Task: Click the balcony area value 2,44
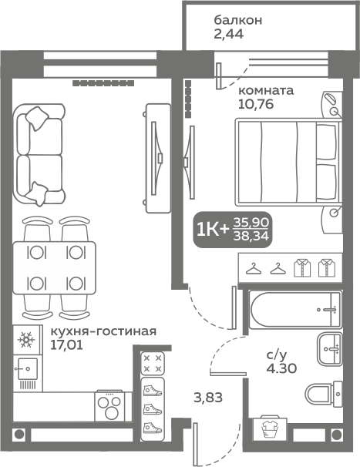[x=229, y=34]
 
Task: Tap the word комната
[x=266, y=90]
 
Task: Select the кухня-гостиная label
[x=103, y=331]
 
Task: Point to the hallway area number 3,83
[x=208, y=398]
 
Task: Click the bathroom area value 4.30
[x=281, y=368]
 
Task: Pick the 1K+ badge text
[x=213, y=230]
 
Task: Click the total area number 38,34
[x=251, y=237]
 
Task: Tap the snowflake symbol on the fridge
[x=26, y=340]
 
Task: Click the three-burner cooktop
[x=109, y=405]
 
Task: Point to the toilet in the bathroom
[x=324, y=395]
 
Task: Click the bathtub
[x=294, y=310]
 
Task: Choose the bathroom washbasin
[x=329, y=349]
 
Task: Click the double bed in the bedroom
[x=288, y=162]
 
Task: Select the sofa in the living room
[x=38, y=155]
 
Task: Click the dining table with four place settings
[x=54, y=267]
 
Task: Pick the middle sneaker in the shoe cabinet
[x=153, y=409]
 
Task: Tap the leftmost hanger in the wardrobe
[x=254, y=268]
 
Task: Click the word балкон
[x=237, y=20]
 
